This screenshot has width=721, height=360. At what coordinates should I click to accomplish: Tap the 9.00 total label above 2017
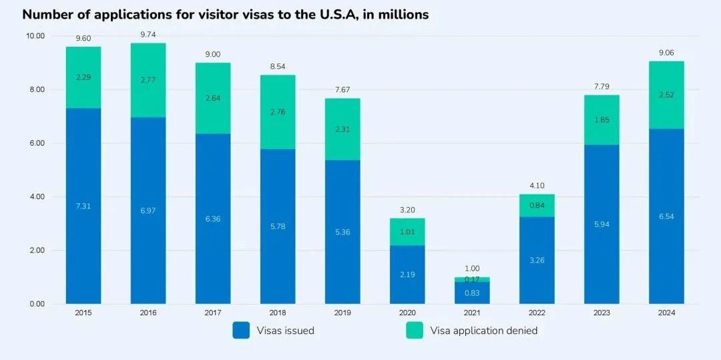[x=213, y=54]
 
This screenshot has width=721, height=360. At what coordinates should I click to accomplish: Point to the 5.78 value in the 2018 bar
[x=278, y=226]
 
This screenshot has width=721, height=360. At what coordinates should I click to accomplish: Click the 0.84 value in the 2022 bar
[x=537, y=205]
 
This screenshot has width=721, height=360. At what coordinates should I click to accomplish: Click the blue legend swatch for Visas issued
[x=241, y=330]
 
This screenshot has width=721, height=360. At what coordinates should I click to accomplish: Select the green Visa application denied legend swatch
[x=414, y=330]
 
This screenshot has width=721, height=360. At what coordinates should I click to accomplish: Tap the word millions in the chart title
[x=403, y=14]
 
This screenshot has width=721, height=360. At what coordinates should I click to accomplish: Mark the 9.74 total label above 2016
[x=148, y=35]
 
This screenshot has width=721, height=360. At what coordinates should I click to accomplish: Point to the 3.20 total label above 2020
[x=407, y=210]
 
